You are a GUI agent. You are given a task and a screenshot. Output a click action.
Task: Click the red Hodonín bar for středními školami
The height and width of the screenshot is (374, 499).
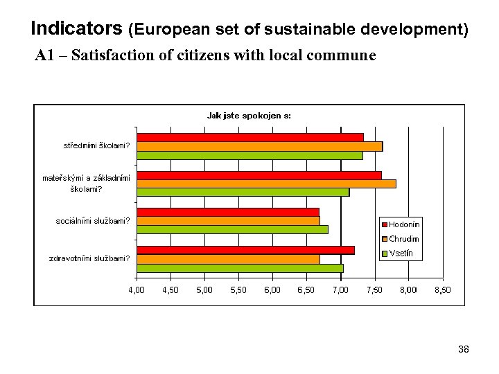click(250, 137)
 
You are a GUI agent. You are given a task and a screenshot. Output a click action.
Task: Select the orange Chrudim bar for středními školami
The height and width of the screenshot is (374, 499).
click(260, 146)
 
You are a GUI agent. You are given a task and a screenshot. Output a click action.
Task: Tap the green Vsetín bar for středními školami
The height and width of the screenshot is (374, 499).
click(249, 155)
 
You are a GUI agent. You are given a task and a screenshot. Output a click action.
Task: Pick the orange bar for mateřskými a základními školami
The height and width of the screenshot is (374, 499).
click(267, 184)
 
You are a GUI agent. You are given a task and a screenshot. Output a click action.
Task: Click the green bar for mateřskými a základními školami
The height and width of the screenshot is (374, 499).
click(243, 192)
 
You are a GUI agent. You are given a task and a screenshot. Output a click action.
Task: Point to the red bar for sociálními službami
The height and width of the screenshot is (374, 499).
click(228, 212)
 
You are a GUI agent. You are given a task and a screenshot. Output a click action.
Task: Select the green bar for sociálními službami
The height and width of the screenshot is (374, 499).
click(232, 229)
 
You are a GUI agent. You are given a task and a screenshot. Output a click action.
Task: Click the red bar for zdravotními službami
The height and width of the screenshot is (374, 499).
click(246, 250)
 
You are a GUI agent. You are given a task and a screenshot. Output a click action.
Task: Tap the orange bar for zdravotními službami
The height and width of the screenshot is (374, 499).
click(228, 259)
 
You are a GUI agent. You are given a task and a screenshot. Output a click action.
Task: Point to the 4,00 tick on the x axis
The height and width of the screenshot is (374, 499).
click(137, 290)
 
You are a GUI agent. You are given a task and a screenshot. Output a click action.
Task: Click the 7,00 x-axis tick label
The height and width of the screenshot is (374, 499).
click(340, 290)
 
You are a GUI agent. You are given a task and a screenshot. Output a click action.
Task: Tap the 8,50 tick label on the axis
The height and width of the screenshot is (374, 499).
click(442, 290)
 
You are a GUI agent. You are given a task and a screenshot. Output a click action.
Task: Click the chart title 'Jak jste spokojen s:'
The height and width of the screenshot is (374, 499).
click(249, 116)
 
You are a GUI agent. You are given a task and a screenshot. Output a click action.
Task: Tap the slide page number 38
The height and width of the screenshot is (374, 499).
click(464, 350)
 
